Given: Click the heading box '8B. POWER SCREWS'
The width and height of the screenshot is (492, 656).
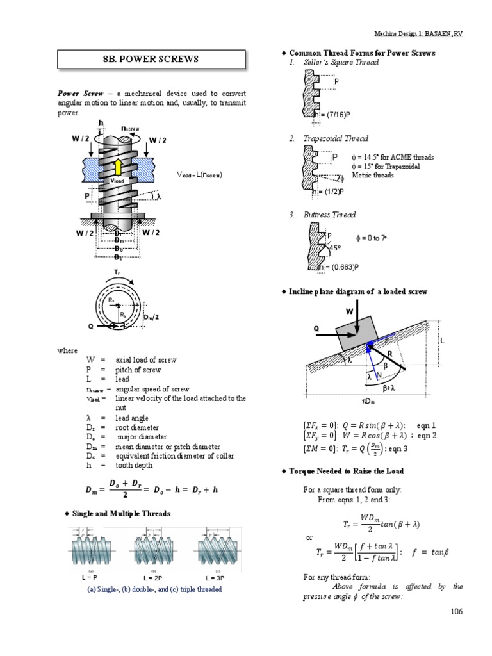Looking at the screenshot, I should tap(151, 60).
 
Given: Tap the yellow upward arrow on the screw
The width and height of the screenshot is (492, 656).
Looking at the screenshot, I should tap(118, 167).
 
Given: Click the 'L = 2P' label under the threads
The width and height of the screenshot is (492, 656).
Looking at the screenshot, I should tap(152, 577).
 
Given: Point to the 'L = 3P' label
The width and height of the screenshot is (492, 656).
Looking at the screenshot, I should tap(214, 577).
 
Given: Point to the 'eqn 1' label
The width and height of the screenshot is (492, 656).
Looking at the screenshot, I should tap(425, 425).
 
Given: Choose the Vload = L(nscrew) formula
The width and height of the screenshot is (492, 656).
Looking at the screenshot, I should tap(199, 174).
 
